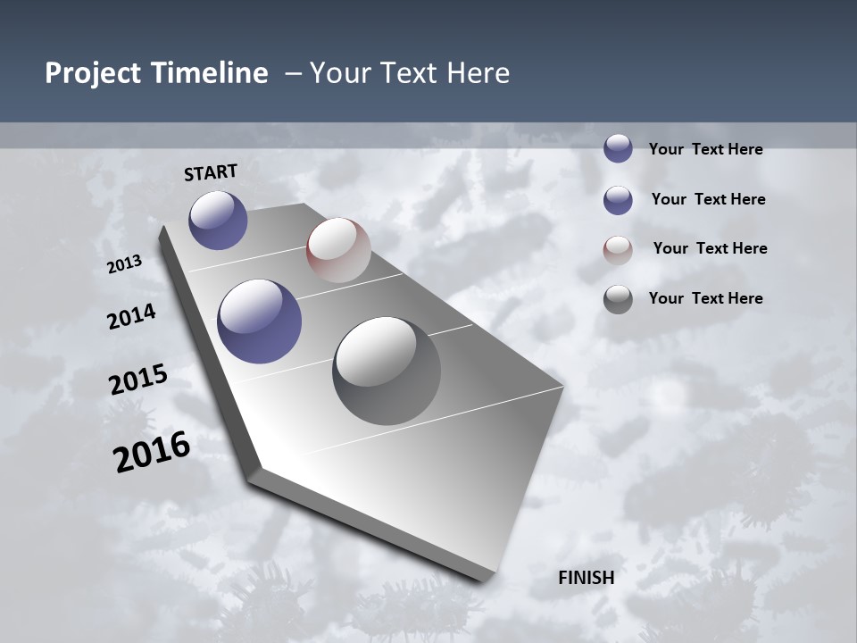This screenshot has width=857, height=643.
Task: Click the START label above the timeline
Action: pyautogui.click(x=211, y=172)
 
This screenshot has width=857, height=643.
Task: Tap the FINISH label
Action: pyautogui.click(x=587, y=578)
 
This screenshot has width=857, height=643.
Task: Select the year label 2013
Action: pyautogui.click(x=125, y=264)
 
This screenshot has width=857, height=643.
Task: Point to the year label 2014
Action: pyautogui.click(x=132, y=317)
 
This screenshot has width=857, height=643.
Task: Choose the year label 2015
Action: pyautogui.click(x=138, y=380)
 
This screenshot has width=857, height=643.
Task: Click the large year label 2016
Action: pyautogui.click(x=152, y=453)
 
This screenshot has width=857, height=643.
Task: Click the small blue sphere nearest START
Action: pyautogui.click(x=218, y=220)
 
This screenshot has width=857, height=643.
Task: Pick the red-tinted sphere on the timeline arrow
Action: pyautogui.click(x=338, y=250)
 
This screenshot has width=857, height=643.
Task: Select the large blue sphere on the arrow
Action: pyautogui.click(x=260, y=321)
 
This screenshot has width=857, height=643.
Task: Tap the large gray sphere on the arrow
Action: pyautogui.click(x=387, y=371)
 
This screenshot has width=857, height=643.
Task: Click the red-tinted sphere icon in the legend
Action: pyautogui.click(x=618, y=250)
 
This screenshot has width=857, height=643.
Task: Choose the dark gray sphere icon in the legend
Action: pyautogui.click(x=618, y=299)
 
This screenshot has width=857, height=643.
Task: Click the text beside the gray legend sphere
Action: pyautogui.click(x=705, y=298)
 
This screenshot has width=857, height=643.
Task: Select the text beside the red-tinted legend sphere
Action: pyautogui.click(x=710, y=248)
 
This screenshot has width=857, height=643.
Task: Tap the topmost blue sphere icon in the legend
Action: pyautogui.click(x=618, y=148)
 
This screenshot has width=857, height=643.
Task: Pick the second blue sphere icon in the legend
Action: pyautogui.click(x=618, y=200)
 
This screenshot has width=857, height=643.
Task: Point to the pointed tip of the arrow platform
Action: pyautogui.click(x=487, y=579)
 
